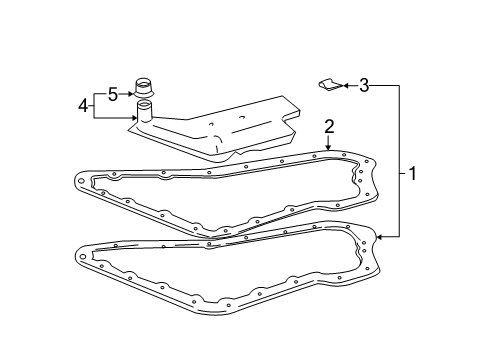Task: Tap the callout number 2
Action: (x=327, y=125)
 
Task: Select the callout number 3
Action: (x=365, y=87)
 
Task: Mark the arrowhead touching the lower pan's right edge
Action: (x=381, y=237)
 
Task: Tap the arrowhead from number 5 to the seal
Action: (x=132, y=93)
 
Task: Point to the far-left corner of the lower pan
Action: (x=78, y=255)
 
